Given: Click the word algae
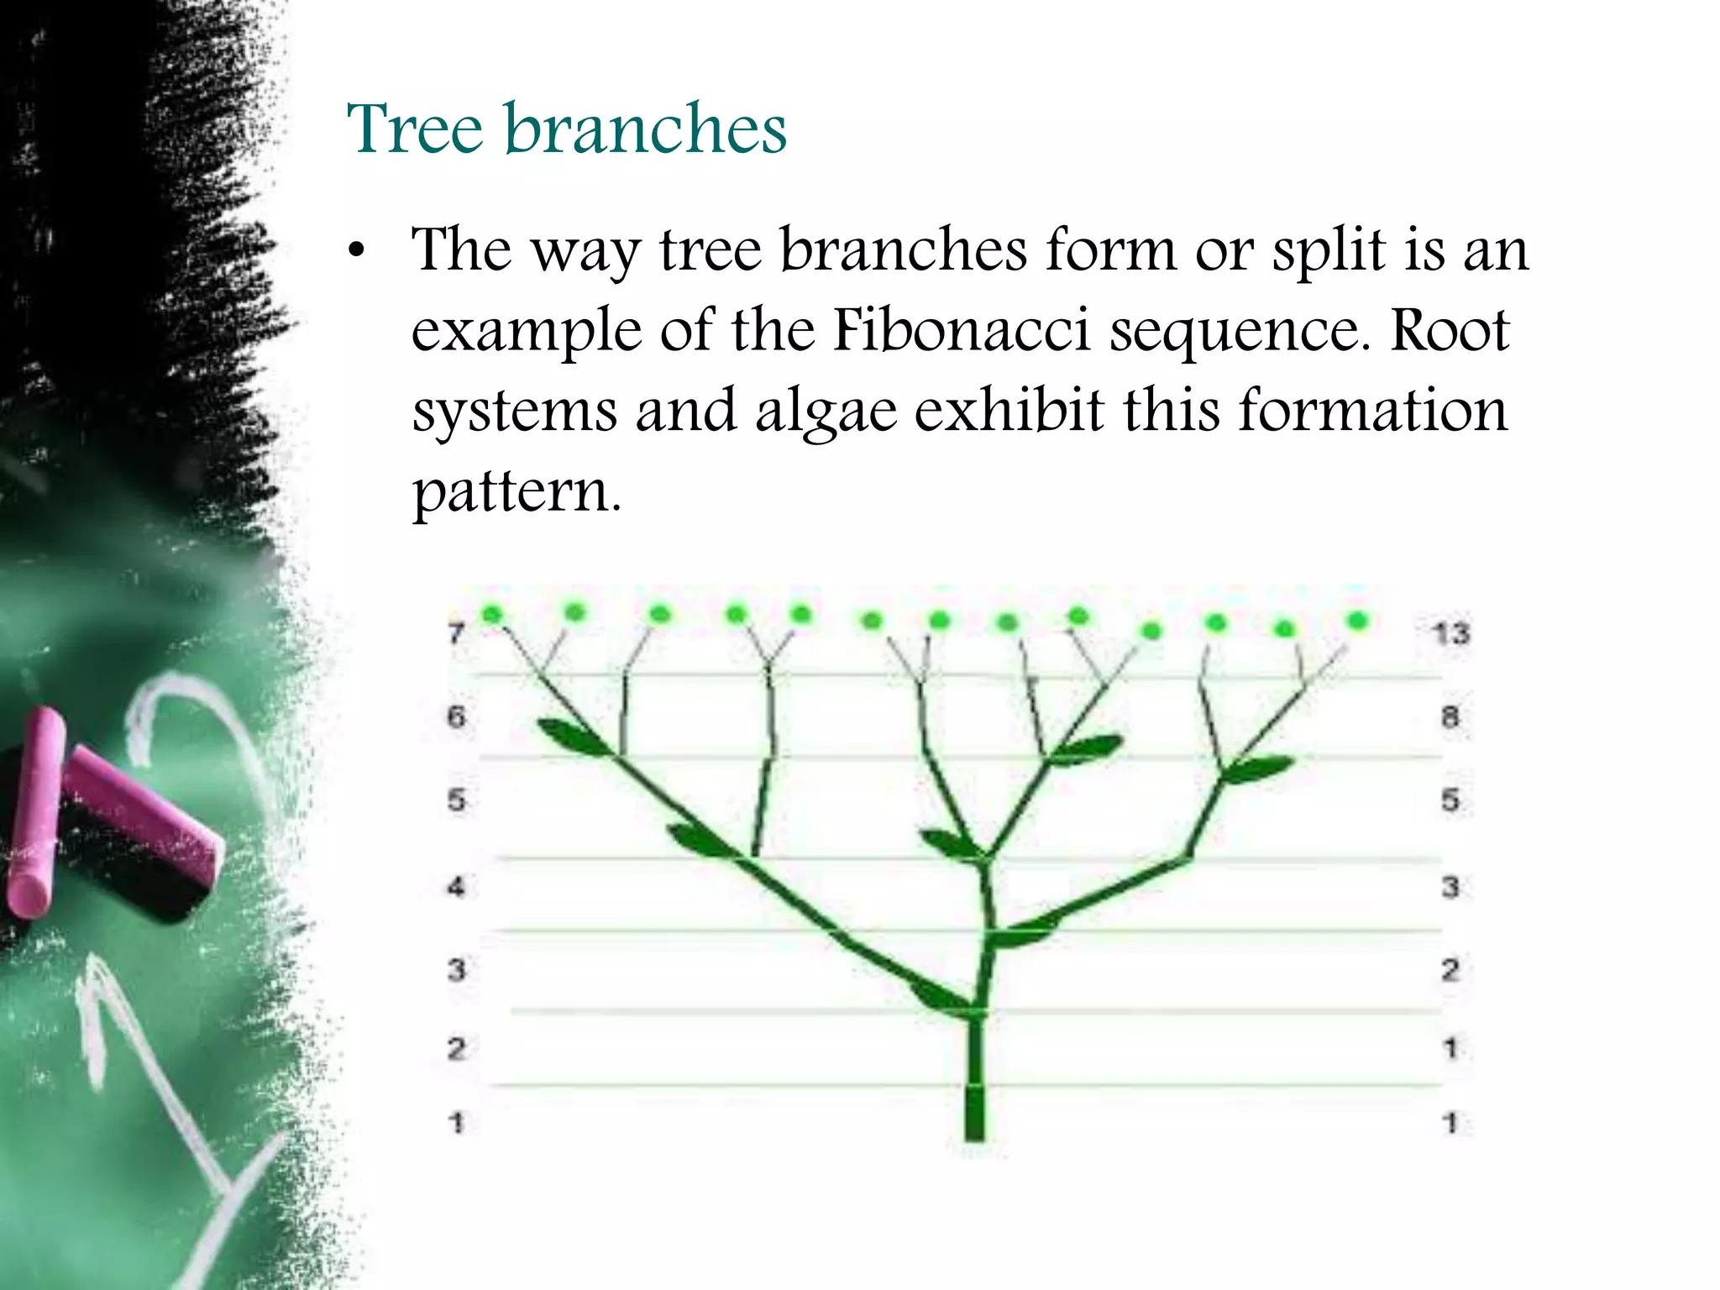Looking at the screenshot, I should pos(826,412).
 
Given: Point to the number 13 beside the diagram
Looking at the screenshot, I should pos(1450,632).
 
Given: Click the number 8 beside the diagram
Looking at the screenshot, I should pos(1450,716).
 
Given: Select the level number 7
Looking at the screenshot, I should pos(456,632).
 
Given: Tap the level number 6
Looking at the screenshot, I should pos(456,716).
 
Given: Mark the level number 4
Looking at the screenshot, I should pos(456,886).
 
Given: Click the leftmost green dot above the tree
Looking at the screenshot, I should pos(492,614).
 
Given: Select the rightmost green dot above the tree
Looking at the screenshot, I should pos(1358,621).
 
